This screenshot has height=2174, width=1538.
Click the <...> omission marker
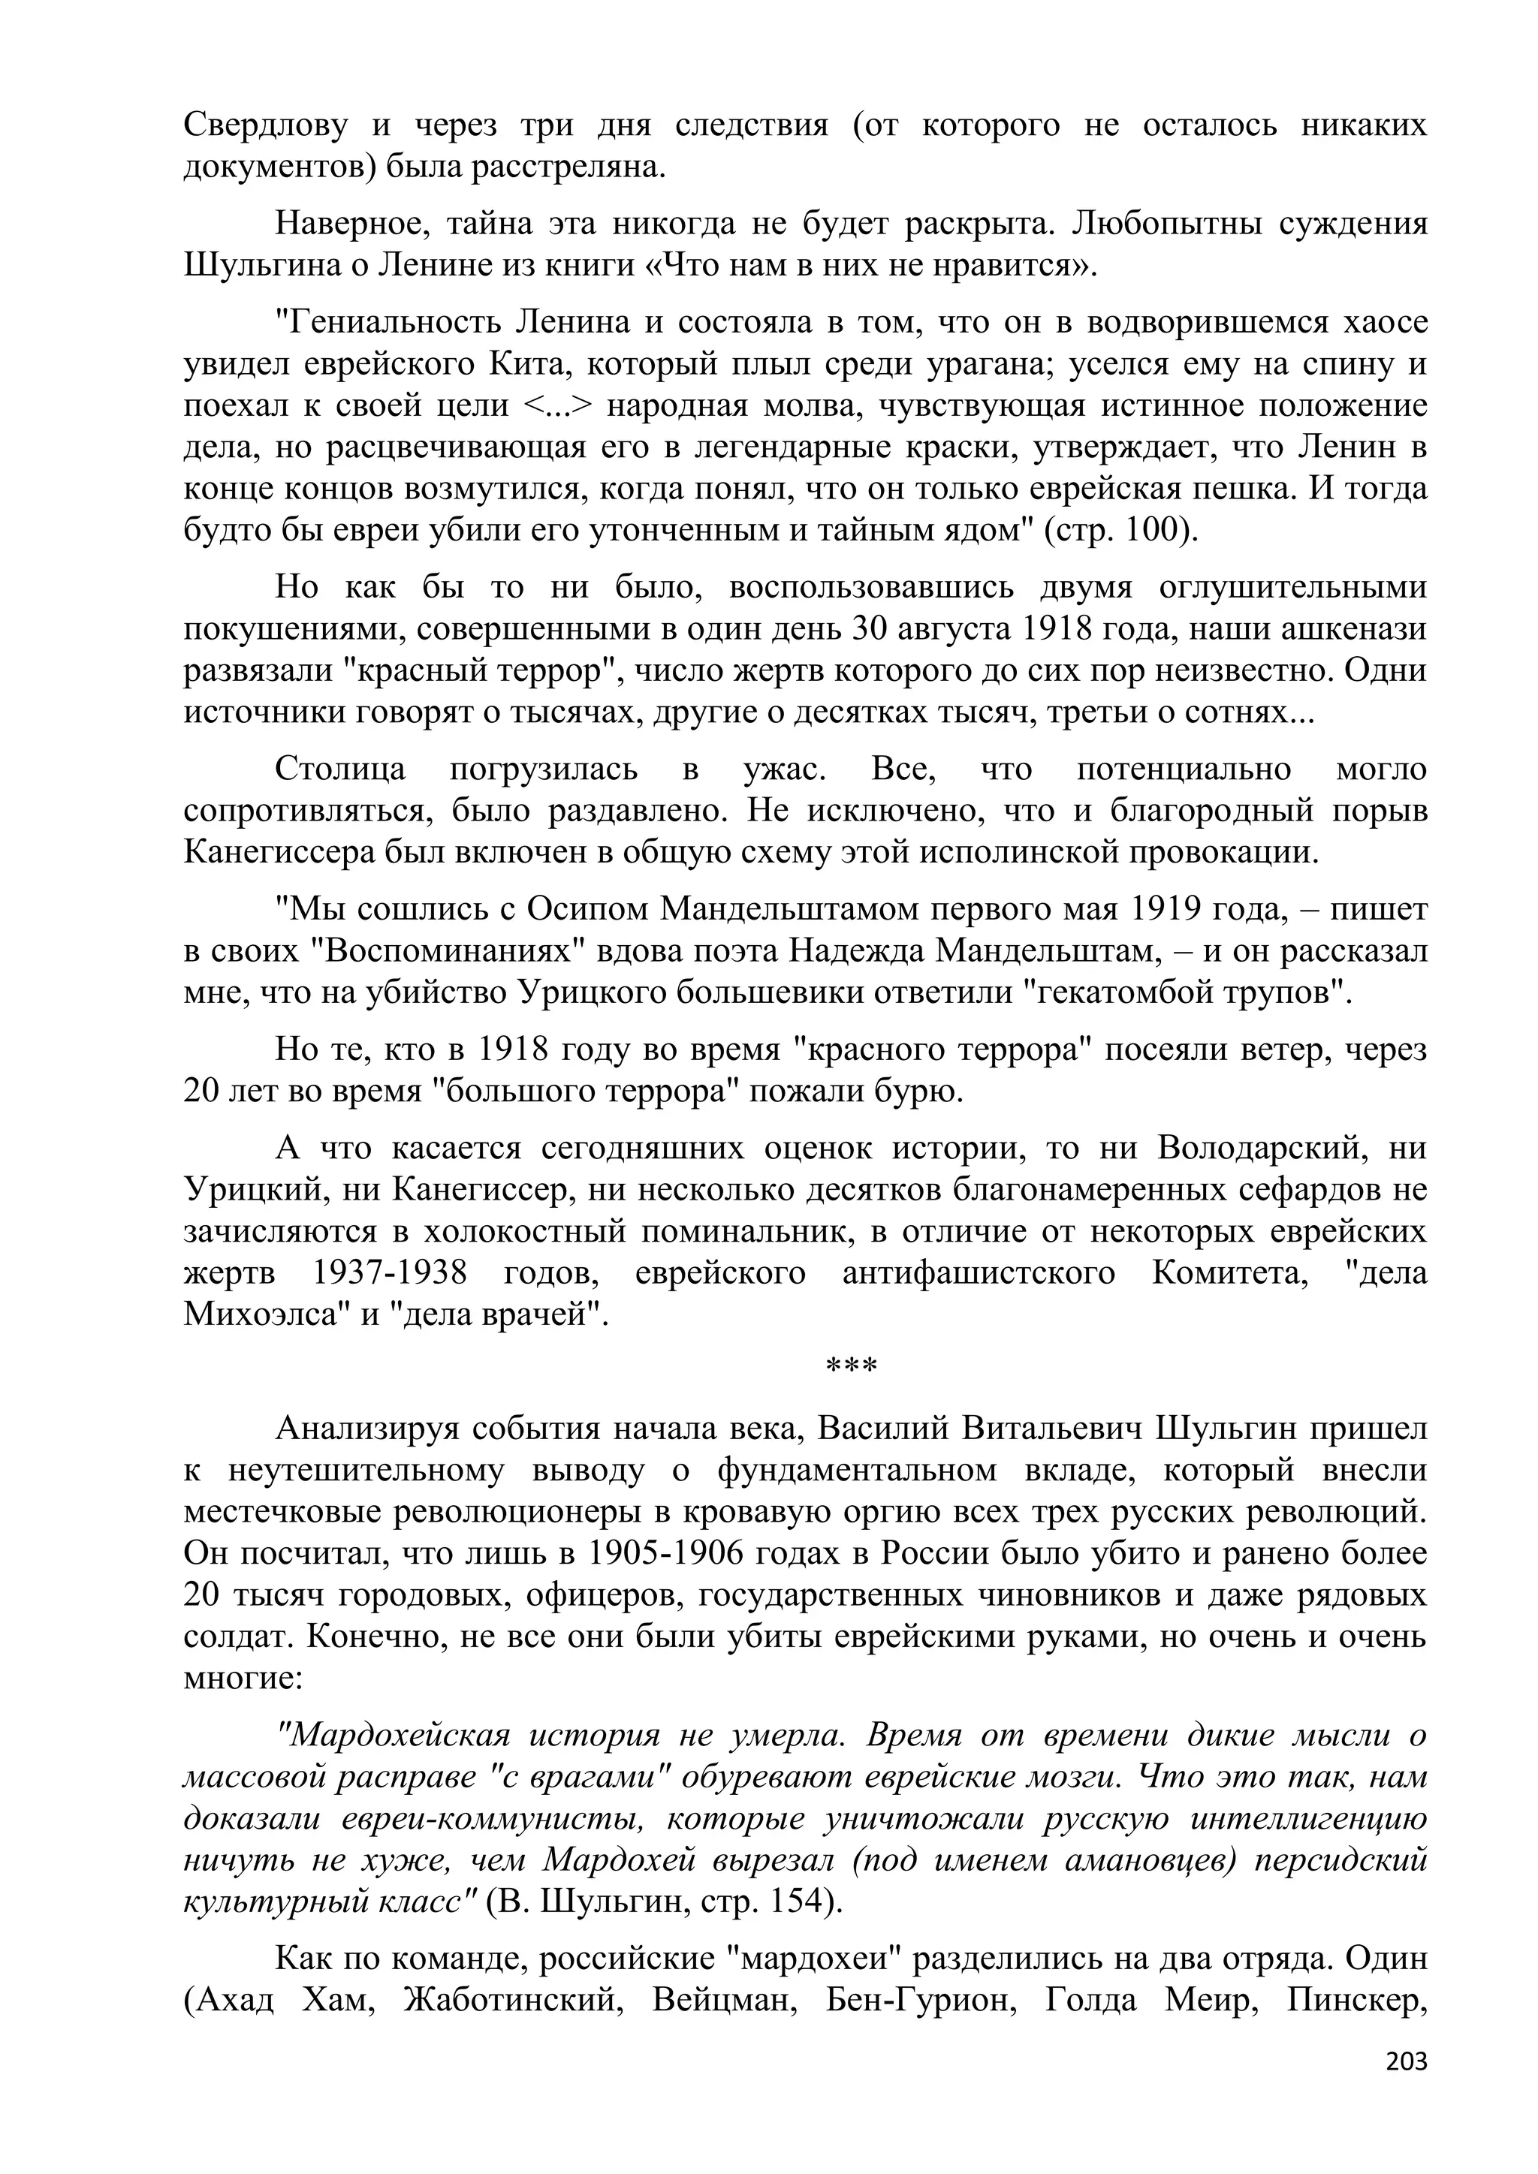point(556,405)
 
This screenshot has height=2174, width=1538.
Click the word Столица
point(340,769)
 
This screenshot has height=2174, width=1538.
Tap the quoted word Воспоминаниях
point(454,950)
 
